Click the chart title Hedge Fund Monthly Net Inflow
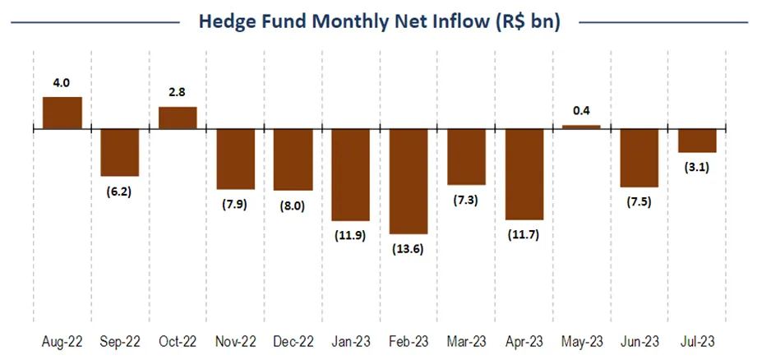(378, 22)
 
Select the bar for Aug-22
(62, 113)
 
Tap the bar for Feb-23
(409, 181)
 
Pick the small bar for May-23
(581, 127)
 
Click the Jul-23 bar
(697, 141)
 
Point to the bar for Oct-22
(178, 118)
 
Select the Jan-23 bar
(351, 174)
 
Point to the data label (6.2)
(120, 191)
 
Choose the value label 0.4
(581, 111)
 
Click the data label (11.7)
(524, 234)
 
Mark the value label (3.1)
(697, 167)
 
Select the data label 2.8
(178, 91)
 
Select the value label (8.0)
(293, 205)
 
